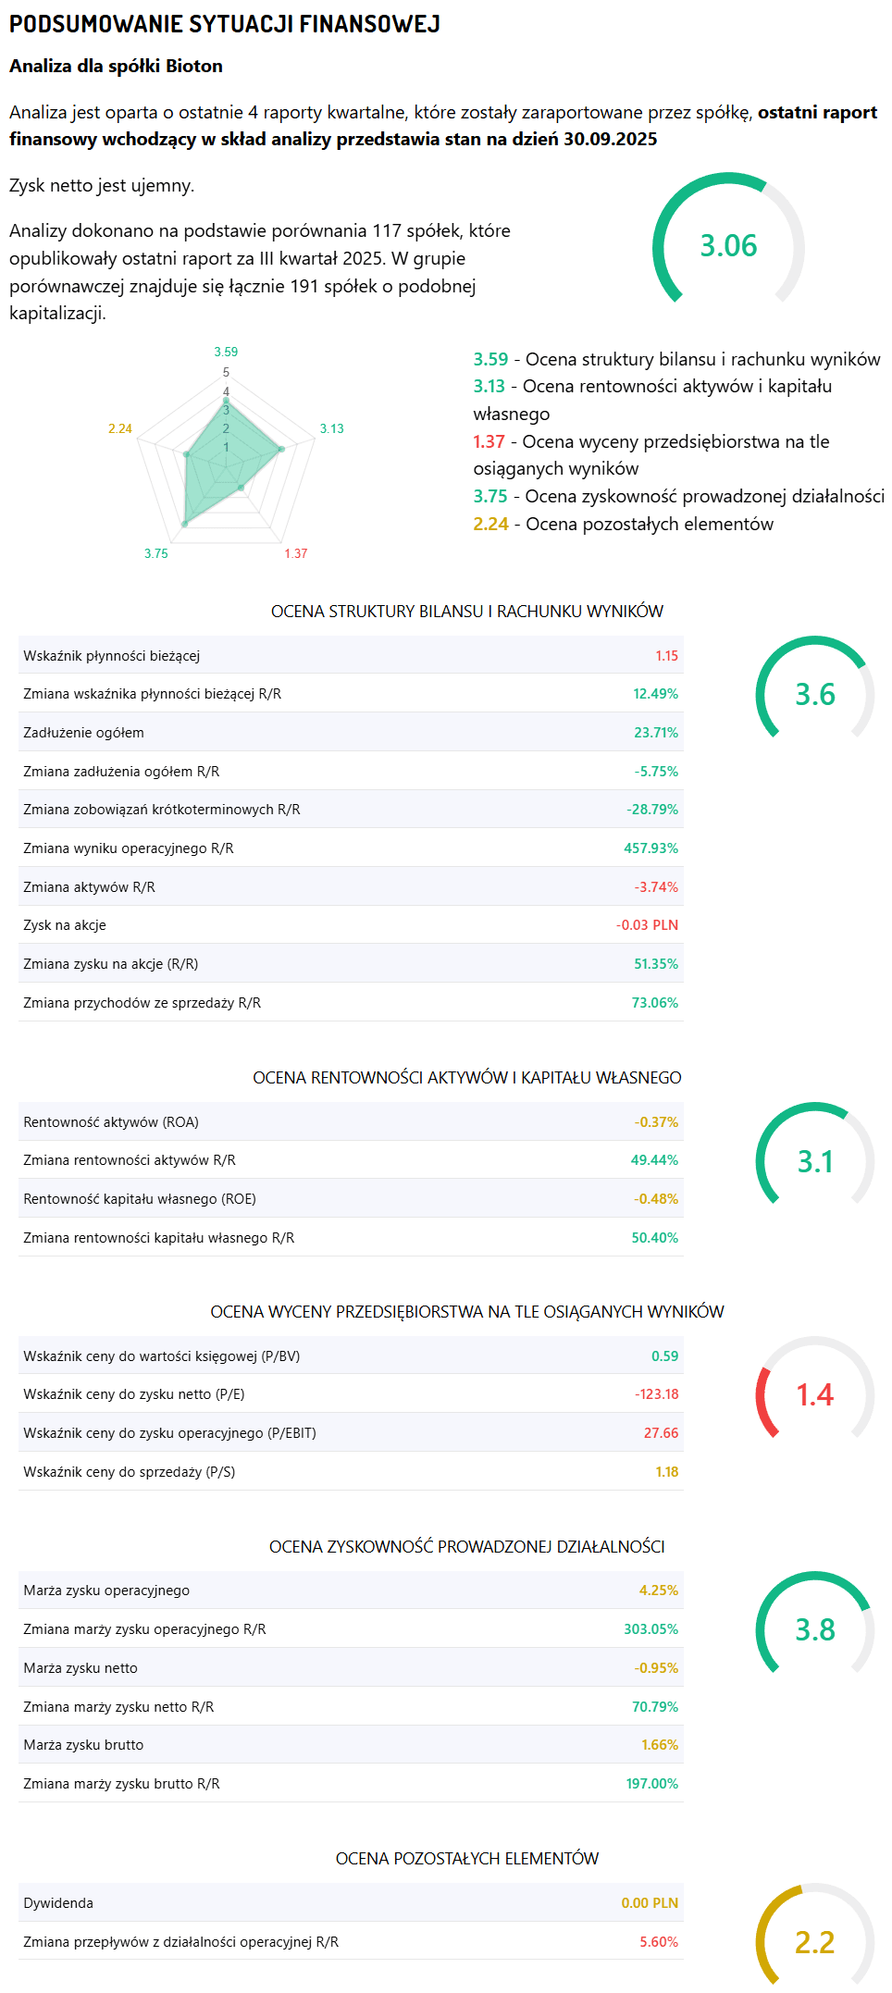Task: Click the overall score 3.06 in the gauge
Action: pyautogui.click(x=728, y=246)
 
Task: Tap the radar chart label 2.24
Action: pyautogui.click(x=120, y=428)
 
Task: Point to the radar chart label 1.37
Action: pyautogui.click(x=296, y=553)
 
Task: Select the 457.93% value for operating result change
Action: pyautogui.click(x=650, y=848)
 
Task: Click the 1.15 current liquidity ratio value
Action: pyautogui.click(x=666, y=656)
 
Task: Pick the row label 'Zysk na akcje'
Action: pyautogui.click(x=65, y=925)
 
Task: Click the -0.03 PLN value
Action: pyautogui.click(x=647, y=925)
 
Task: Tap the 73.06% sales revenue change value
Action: pyautogui.click(x=654, y=1003)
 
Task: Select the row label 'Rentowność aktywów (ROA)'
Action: pyautogui.click(x=111, y=1122)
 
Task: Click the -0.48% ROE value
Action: pyautogui.click(x=656, y=1199)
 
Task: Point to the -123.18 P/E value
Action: pyautogui.click(x=656, y=1394)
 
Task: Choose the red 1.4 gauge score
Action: pyautogui.click(x=815, y=1395)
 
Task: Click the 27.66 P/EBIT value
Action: pyautogui.click(x=661, y=1433)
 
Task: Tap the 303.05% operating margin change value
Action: pyautogui.click(x=650, y=1629)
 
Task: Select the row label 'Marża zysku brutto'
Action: pyautogui.click(x=83, y=1745)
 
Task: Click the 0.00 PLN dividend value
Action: pyautogui.click(x=650, y=1903)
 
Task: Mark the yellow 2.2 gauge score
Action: pyautogui.click(x=815, y=1942)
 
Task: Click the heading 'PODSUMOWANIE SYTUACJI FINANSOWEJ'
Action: pyautogui.click(x=225, y=24)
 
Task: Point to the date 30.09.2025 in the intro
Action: pyautogui.click(x=611, y=140)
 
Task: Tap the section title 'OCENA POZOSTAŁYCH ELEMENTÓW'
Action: pyautogui.click(x=467, y=1858)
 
